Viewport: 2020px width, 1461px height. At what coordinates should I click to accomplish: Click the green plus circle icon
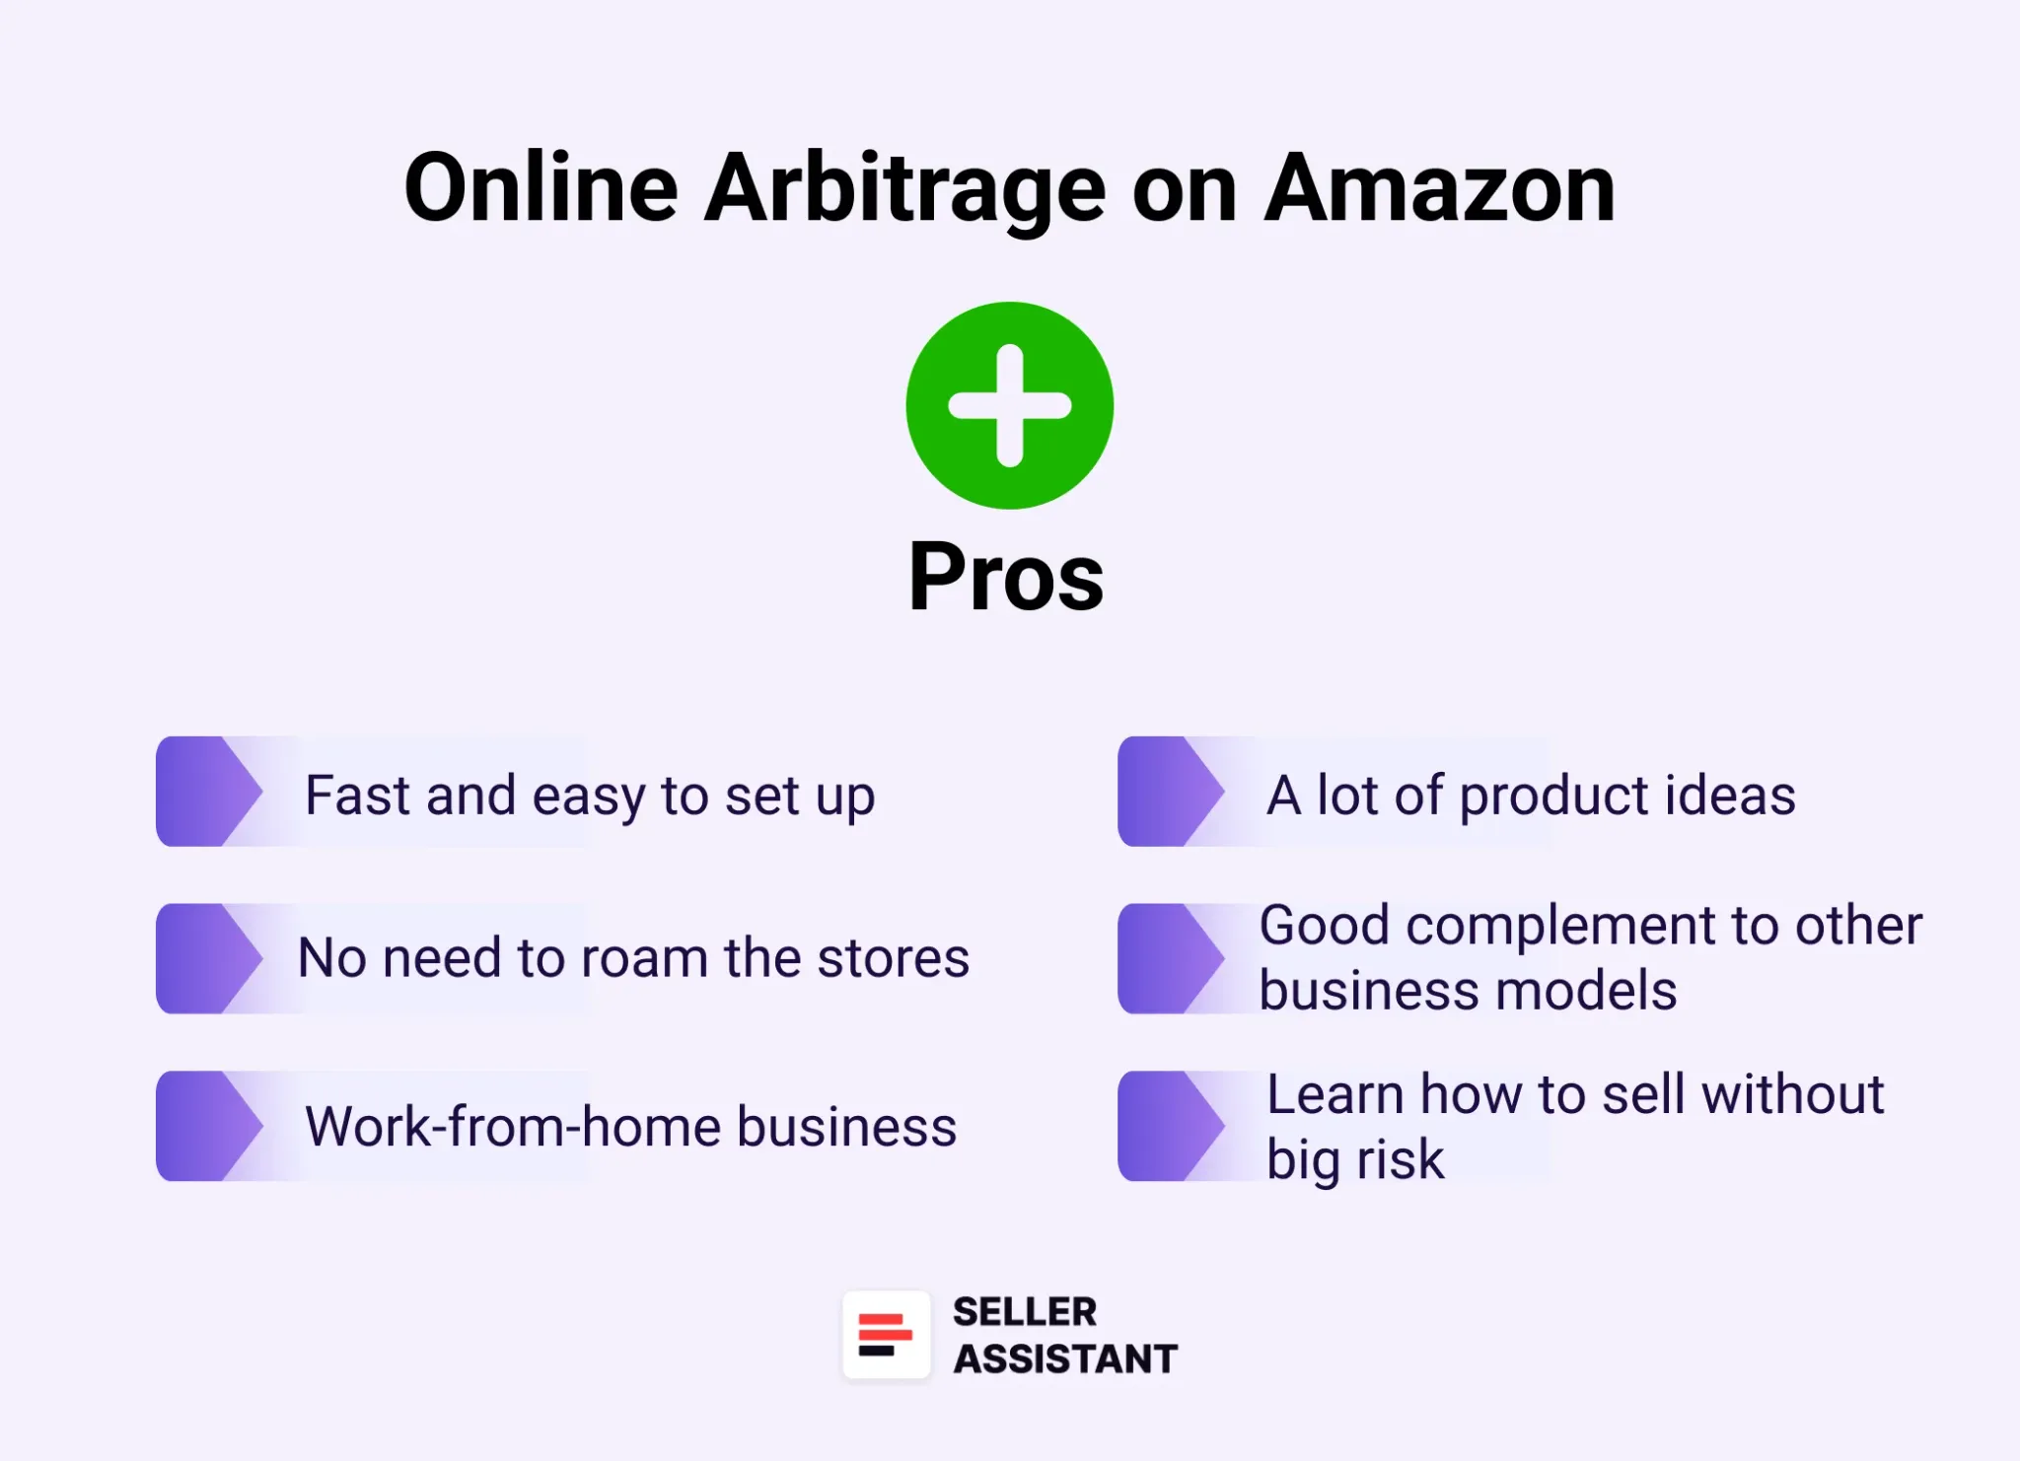point(1009,405)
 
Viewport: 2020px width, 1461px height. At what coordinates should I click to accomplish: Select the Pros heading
point(1006,577)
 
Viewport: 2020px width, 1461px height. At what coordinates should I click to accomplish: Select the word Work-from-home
point(513,1126)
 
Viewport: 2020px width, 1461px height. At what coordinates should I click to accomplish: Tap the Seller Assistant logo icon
point(886,1335)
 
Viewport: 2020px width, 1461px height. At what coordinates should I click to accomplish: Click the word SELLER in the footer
point(1024,1312)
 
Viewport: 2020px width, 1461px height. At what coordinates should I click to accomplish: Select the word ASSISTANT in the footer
point(1065,1358)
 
